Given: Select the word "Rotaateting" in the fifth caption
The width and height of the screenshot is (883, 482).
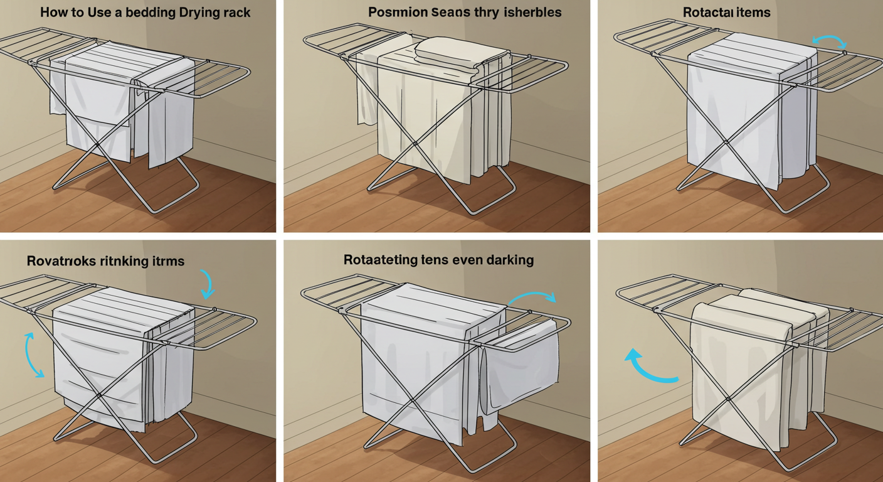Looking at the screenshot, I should click(382, 260).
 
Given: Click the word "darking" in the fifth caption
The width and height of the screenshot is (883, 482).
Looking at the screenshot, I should click(508, 260).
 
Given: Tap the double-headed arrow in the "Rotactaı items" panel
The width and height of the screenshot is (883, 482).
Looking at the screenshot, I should click(829, 41).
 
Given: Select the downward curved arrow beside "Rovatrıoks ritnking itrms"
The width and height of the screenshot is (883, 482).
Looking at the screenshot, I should click(207, 284).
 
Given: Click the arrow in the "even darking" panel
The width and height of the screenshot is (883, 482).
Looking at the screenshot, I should click(532, 297).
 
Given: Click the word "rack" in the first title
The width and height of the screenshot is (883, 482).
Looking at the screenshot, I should click(236, 13).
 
